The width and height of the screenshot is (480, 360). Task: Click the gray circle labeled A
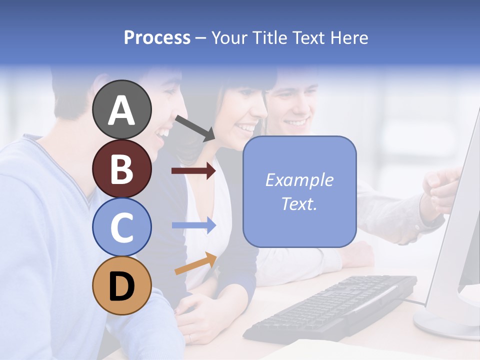click(121, 109)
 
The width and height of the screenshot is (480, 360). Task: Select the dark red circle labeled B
click(121, 168)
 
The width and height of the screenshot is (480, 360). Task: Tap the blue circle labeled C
click(121, 226)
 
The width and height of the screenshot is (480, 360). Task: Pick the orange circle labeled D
click(121, 285)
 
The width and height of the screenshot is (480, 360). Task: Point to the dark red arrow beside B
click(193, 171)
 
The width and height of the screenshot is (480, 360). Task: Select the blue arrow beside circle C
click(194, 225)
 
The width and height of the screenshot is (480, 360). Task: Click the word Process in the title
click(157, 37)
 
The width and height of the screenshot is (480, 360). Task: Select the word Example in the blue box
click(299, 180)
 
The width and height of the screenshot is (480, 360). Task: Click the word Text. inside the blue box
click(299, 203)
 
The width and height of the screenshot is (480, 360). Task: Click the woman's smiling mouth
click(246, 128)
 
